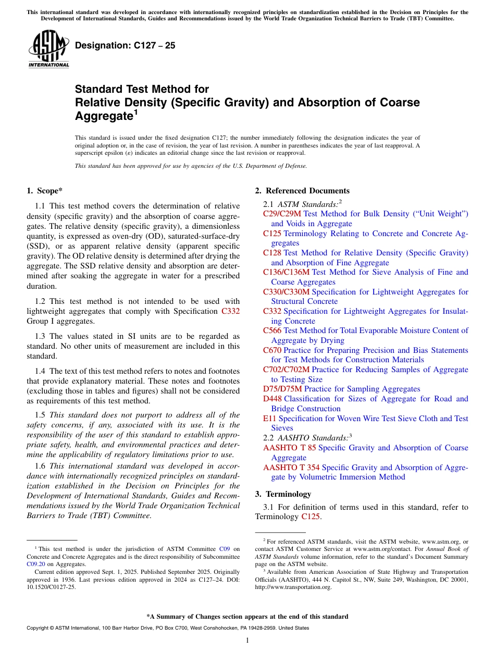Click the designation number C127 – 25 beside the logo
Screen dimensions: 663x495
[x=125, y=46]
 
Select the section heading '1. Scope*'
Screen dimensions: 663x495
[x=45, y=191]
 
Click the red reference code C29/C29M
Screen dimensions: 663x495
[x=282, y=214]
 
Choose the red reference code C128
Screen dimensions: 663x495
[x=272, y=253]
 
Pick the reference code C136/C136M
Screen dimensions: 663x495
[x=286, y=272]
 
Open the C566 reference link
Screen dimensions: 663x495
[x=272, y=330]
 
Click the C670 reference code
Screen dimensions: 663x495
[x=272, y=350]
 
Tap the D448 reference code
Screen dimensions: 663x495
[x=273, y=399]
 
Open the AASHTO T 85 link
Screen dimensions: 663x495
[x=289, y=448]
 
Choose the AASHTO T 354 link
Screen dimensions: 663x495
[x=291, y=468]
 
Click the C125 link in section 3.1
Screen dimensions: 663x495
[x=311, y=517]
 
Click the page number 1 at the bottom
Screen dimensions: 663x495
[x=247, y=641]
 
